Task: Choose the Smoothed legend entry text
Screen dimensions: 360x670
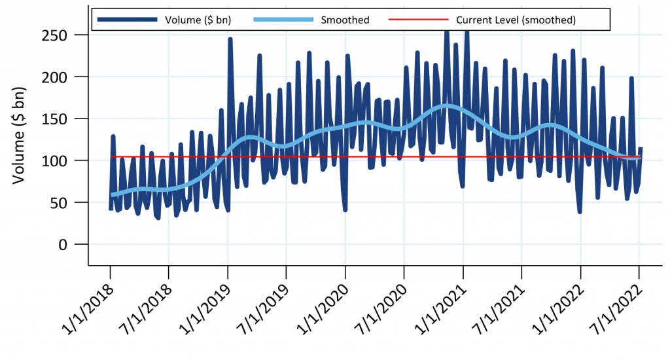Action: coord(345,20)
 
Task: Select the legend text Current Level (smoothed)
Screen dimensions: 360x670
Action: coord(516,20)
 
